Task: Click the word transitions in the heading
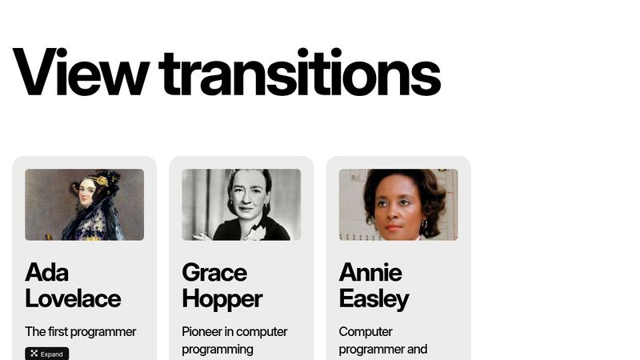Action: pos(300,72)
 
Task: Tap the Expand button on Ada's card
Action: pos(46,354)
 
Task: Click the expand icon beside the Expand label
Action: pos(34,354)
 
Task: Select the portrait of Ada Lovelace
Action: pos(84,204)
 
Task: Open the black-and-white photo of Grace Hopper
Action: pos(241,204)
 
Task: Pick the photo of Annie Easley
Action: pos(398,204)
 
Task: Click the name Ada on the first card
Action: pos(46,273)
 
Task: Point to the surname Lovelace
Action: pos(73,299)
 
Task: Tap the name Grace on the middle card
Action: pos(214,273)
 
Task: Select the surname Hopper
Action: pos(222,299)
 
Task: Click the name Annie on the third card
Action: pos(370,273)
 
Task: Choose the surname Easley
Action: pos(374,299)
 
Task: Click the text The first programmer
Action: pos(80,331)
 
